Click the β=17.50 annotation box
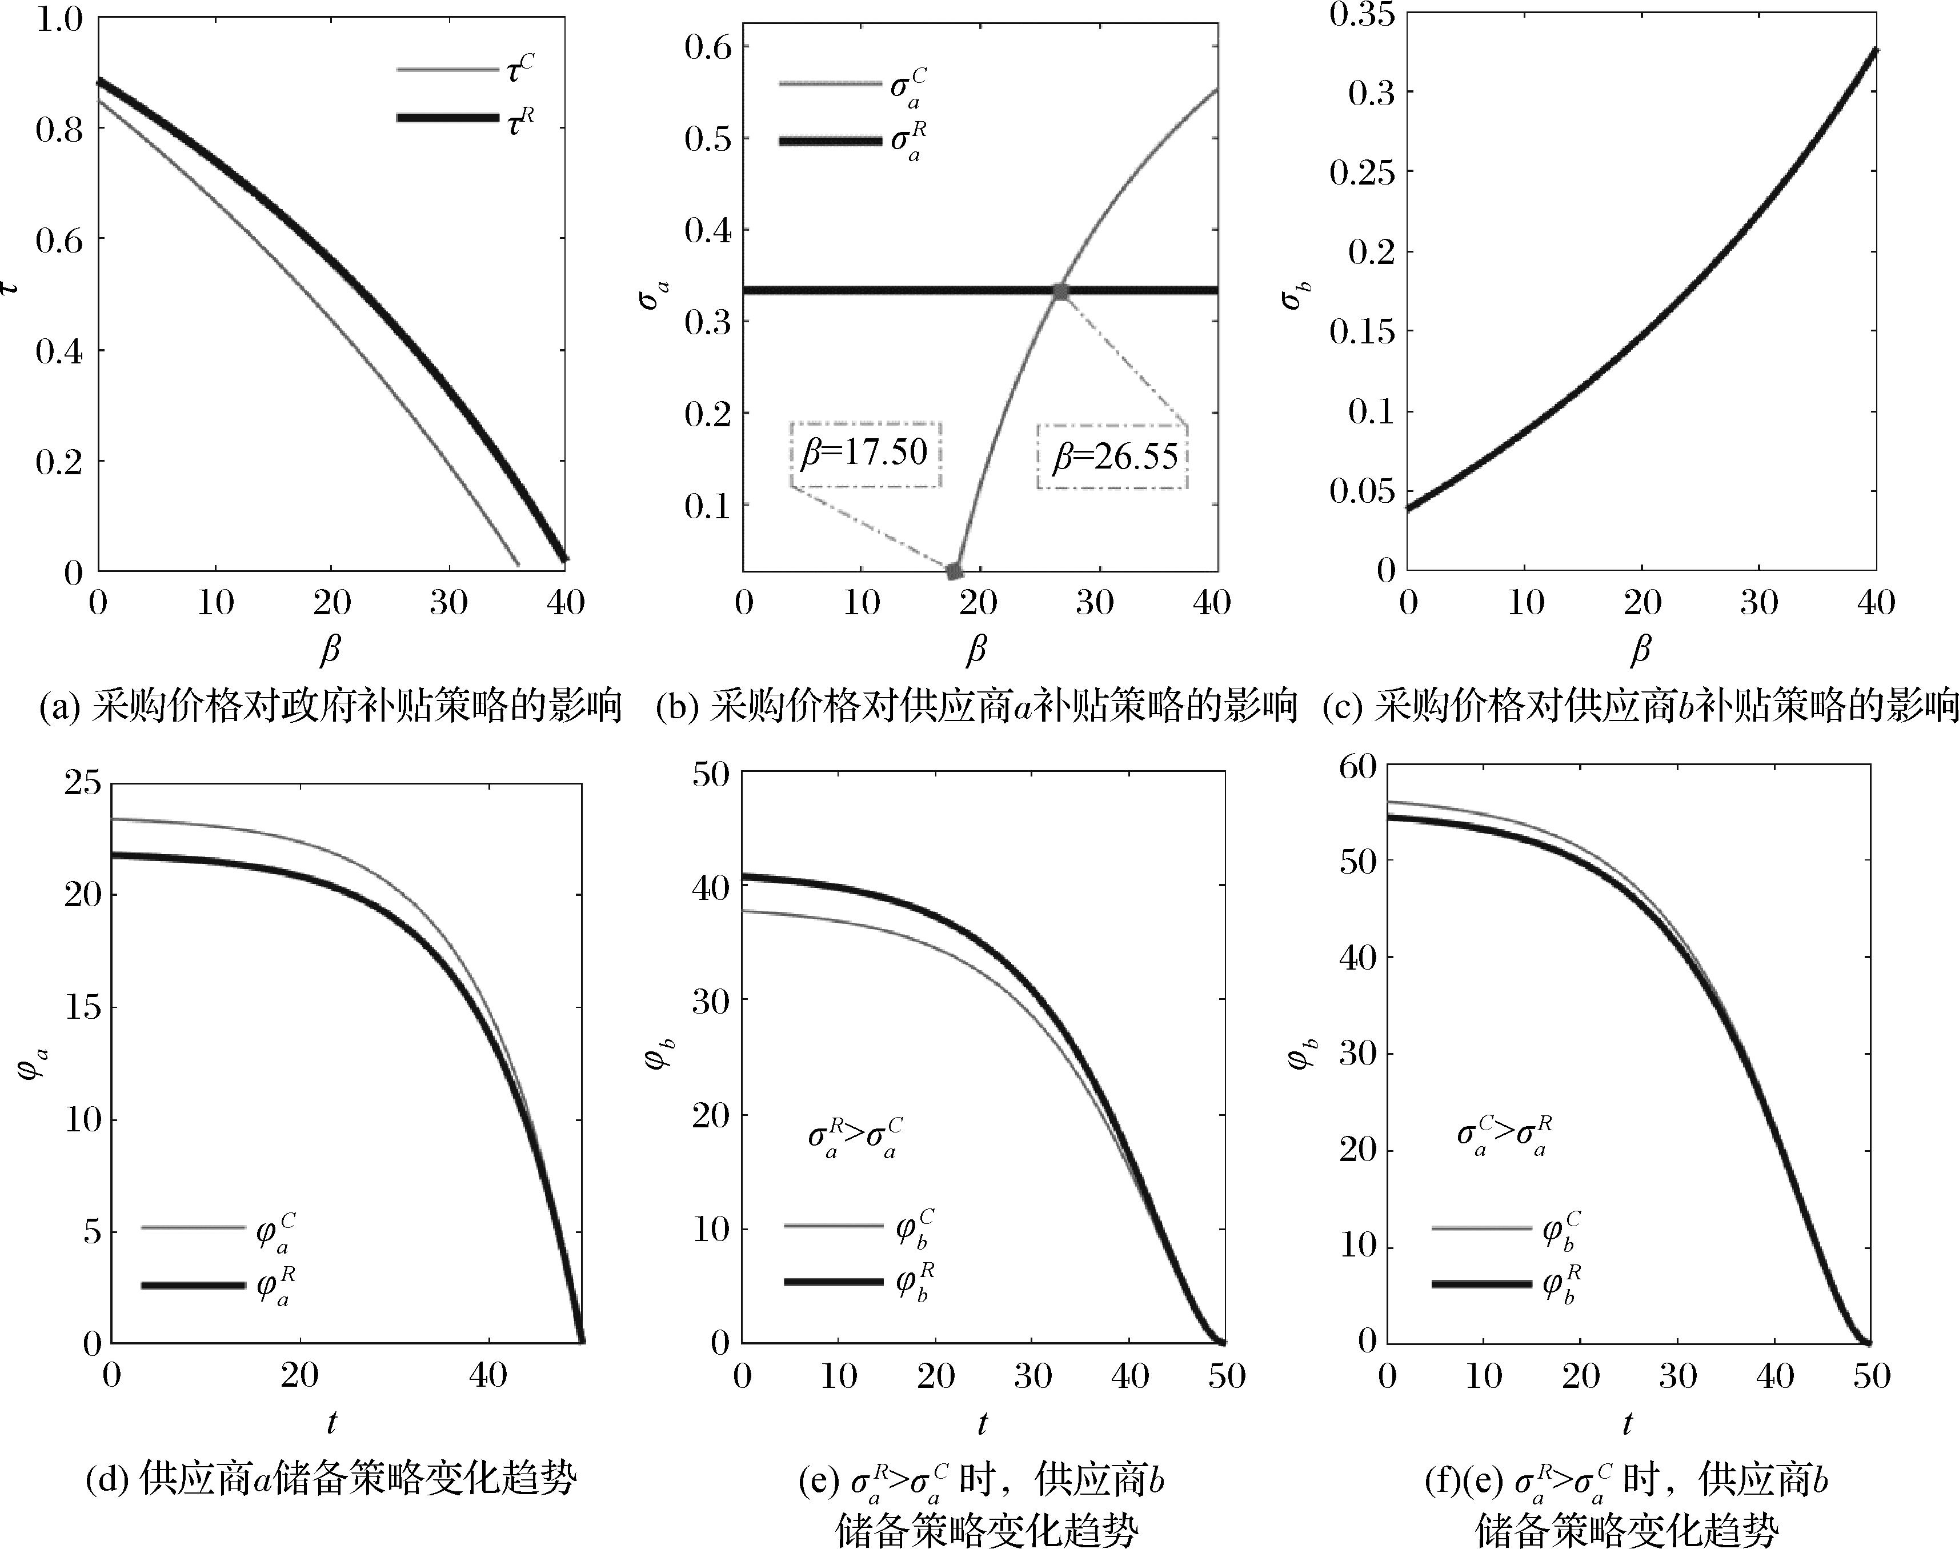click(x=865, y=454)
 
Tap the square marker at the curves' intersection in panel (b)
click(x=1061, y=291)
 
